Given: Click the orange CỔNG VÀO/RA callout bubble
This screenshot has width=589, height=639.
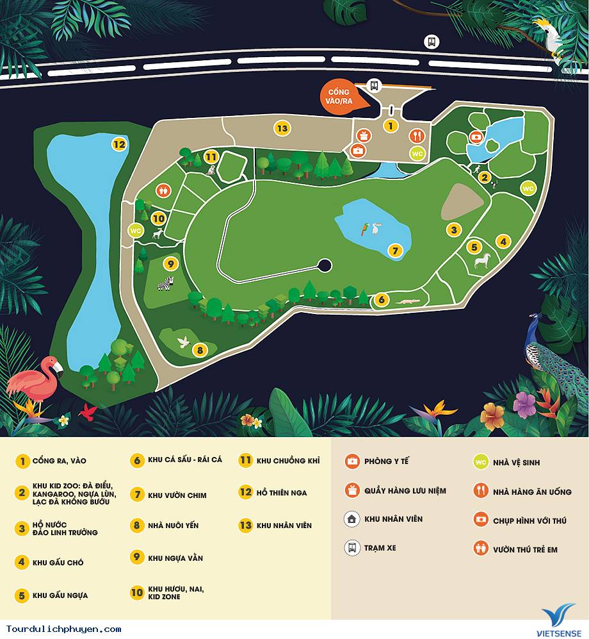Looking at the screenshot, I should point(337,97).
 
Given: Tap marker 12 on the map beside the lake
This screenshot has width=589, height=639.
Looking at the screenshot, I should point(119,144).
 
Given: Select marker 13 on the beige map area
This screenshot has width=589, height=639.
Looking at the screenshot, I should point(282,128).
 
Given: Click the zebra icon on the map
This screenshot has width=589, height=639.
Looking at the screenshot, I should point(166,283).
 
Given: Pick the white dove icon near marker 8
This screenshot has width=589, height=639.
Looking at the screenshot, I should point(184,341).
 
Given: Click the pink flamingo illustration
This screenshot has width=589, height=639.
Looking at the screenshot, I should point(35,381).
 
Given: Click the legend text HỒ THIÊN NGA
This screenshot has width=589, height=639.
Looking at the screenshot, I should point(282,493).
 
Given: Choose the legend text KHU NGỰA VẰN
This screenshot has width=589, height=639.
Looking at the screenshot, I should point(175,558).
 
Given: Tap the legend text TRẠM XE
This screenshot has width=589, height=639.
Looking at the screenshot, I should point(380,549).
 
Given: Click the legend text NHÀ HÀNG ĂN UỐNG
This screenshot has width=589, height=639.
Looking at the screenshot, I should point(532,492).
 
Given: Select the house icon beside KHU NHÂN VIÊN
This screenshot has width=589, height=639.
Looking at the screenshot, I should point(351,519).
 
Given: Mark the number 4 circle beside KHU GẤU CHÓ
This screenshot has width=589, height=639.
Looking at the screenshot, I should point(23,563).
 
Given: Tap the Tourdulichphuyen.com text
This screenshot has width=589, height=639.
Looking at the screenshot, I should point(63,629).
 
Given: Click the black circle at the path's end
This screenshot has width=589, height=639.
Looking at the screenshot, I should point(325,265).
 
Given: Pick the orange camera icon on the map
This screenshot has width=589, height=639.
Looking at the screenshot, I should point(476,137).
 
